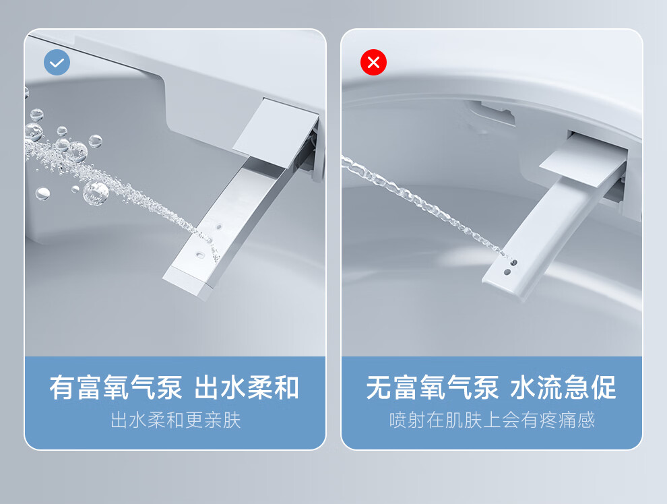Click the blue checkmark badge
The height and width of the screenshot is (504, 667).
(57, 62)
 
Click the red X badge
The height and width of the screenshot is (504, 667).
(373, 62)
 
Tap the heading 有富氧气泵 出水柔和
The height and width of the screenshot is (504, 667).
(174, 387)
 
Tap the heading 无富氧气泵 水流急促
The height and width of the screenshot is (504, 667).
(491, 387)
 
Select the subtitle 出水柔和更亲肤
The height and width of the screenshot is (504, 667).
(176, 420)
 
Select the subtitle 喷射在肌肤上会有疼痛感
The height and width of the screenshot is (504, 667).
(492, 420)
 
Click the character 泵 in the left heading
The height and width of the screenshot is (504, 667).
(169, 387)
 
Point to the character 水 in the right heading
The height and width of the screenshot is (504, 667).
(523, 387)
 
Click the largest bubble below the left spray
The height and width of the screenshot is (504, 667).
(96, 193)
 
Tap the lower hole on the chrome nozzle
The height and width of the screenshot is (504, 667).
(200, 255)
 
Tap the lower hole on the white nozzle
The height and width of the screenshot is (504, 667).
(507, 272)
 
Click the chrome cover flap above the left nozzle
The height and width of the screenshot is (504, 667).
(276, 133)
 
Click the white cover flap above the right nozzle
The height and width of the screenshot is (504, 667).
(583, 161)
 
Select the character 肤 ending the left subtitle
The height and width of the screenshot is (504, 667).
(232, 420)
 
